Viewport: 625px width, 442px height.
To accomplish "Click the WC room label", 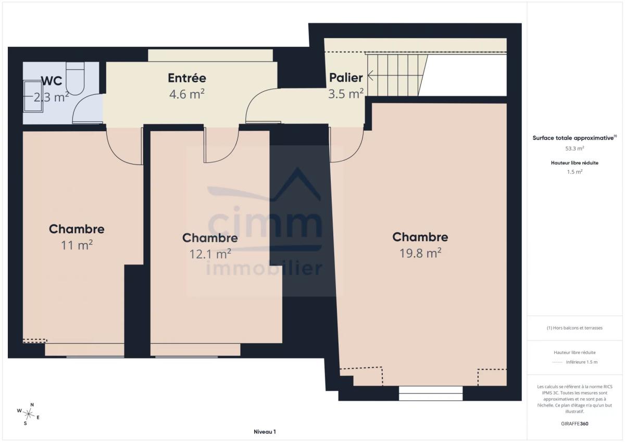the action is tap(52, 81).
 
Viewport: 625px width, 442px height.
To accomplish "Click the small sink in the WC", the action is tap(33, 96).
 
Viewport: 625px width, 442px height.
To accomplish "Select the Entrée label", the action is tap(187, 78).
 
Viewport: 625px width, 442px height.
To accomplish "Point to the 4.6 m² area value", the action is tap(186, 94).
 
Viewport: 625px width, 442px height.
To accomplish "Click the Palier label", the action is tap(346, 78).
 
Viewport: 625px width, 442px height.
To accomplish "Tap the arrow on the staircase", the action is tap(370, 75).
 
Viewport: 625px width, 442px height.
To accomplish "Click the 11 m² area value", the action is tap(77, 245).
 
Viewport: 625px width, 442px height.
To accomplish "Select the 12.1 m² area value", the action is tap(210, 254).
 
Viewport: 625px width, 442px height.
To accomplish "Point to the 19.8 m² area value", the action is tap(420, 253).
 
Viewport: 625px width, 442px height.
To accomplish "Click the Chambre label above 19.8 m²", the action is tap(420, 237).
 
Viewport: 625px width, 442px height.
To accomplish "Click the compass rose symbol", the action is tap(29, 414).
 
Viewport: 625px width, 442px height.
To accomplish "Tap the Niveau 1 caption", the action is tap(265, 432).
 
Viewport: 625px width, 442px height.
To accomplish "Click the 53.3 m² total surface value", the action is tap(574, 148).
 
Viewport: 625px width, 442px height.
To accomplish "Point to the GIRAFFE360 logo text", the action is tap(574, 424).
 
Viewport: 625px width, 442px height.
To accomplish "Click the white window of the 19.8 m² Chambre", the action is tap(431, 393).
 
